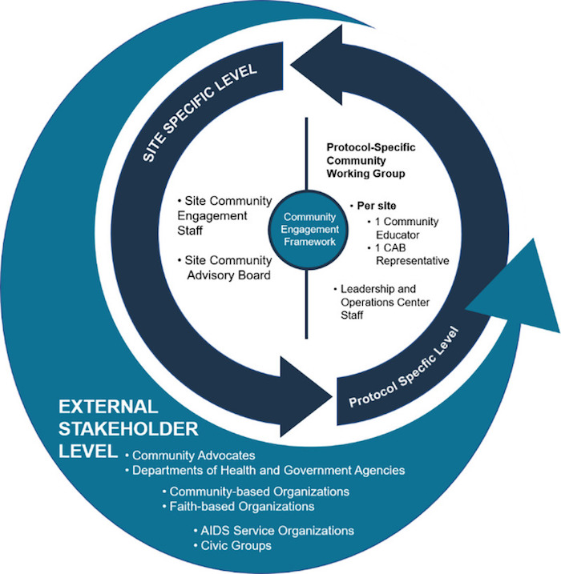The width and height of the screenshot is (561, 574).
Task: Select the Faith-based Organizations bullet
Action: click(240, 506)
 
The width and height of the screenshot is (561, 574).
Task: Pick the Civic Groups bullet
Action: click(233, 546)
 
